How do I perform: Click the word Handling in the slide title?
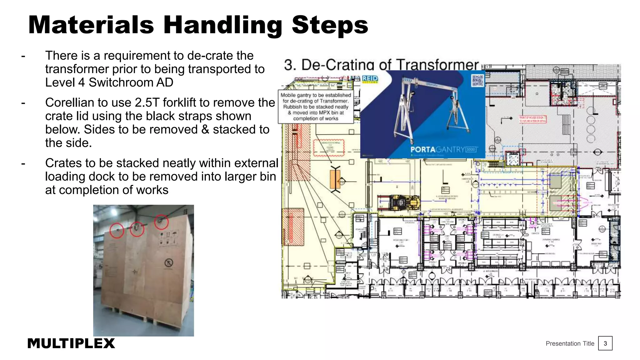point(223,25)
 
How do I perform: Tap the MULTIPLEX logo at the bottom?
point(71,343)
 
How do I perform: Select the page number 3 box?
point(605,343)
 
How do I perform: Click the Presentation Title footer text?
point(570,343)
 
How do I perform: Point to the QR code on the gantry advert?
point(477,80)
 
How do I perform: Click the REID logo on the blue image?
point(370,78)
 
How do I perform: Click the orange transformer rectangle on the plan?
point(335,179)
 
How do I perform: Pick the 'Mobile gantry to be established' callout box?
point(316,107)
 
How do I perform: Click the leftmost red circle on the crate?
point(117,231)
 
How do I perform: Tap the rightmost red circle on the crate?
point(161,222)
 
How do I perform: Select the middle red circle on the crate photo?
point(137,229)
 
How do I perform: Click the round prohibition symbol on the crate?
point(169,263)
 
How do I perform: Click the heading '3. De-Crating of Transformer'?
point(381,65)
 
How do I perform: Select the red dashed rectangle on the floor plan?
point(328,148)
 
